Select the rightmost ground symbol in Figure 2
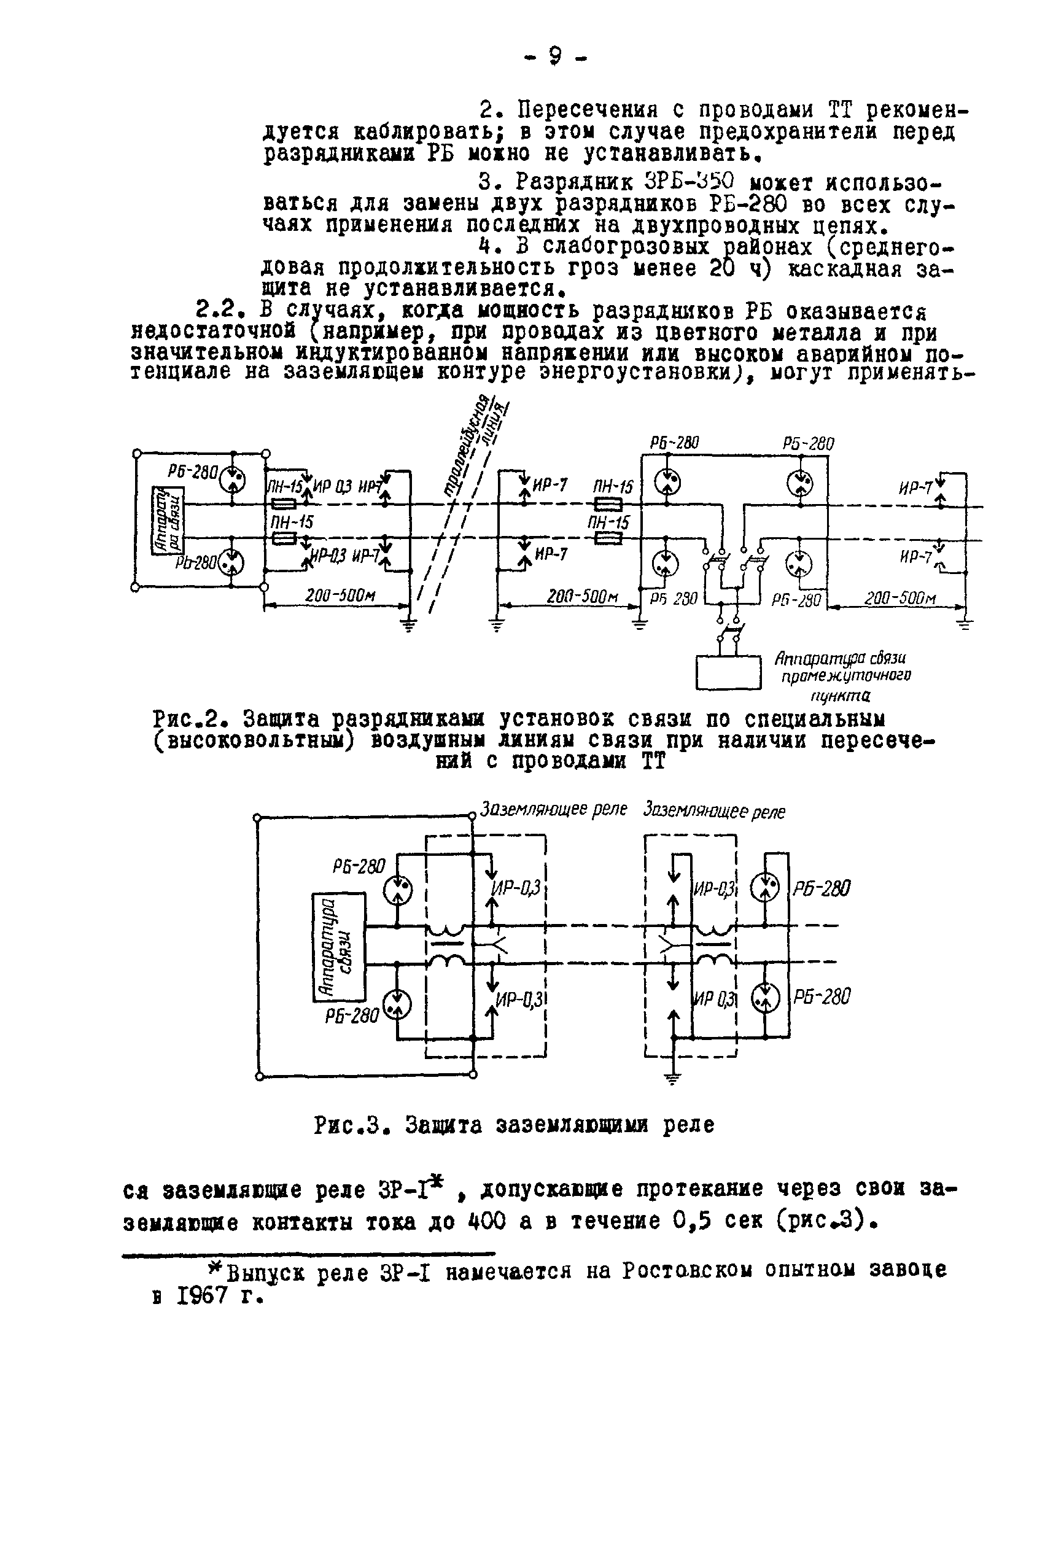tap(965, 624)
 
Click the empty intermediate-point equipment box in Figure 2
tap(728, 672)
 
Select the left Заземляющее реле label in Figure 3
tap(553, 810)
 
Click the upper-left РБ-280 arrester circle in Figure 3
tap(398, 889)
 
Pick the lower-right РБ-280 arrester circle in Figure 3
tap(765, 996)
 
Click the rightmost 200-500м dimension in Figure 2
tap(899, 598)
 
